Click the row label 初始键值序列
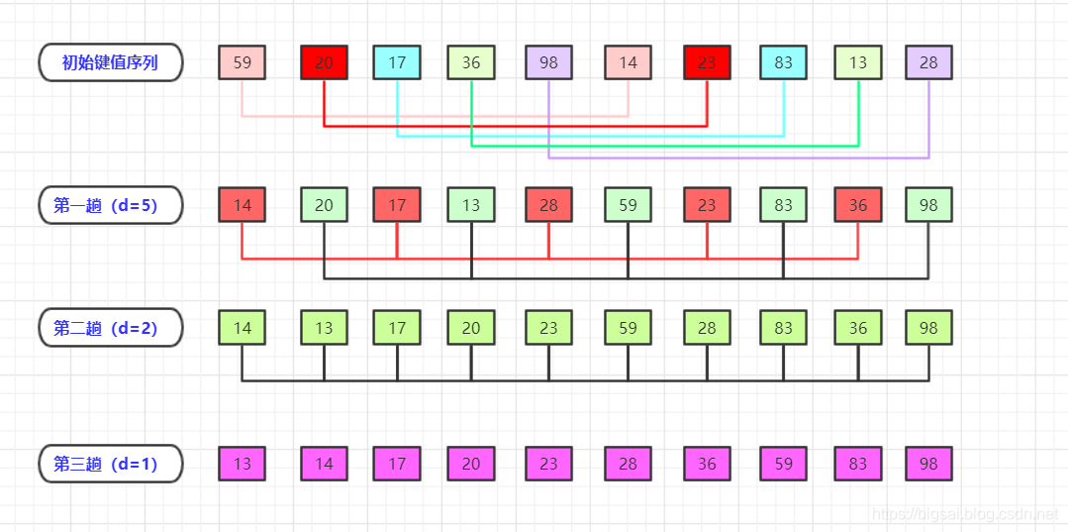tap(110, 62)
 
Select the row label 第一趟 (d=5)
tap(110, 205)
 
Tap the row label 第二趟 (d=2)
tap(110, 328)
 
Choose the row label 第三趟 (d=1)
tap(110, 463)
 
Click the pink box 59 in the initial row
tap(243, 62)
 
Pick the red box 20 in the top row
tap(324, 62)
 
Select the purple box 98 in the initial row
tap(548, 62)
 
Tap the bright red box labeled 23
tap(707, 62)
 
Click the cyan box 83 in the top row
tap(783, 62)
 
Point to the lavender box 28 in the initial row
tap(928, 62)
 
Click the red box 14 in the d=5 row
tap(243, 205)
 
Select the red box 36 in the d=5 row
tap(857, 205)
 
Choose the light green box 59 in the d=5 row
tap(628, 205)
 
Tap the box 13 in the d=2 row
tap(324, 328)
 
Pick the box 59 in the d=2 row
tap(628, 328)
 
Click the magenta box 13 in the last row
tap(243, 463)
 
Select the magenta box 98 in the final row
tap(928, 463)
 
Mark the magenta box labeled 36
tap(707, 463)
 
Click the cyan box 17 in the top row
tap(397, 62)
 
